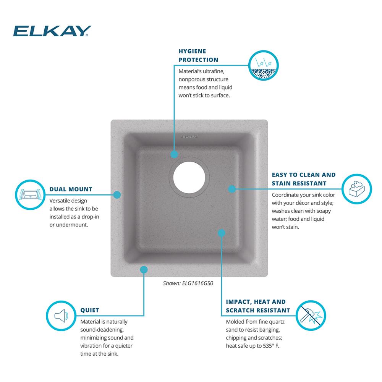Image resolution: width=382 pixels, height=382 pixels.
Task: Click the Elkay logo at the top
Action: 52,31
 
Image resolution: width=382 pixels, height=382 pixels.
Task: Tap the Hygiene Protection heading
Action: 198,55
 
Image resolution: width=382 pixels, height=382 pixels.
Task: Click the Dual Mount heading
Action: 71,189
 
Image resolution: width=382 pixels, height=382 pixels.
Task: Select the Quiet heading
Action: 90,310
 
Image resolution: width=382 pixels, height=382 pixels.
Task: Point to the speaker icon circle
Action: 61,316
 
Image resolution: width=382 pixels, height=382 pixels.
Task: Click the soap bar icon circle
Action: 357,189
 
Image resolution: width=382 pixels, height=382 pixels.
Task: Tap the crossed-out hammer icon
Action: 311,316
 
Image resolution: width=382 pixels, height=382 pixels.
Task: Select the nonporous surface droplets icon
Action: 263,65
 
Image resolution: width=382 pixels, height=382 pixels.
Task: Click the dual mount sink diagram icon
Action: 30,195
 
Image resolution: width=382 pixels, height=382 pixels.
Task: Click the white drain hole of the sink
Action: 189,177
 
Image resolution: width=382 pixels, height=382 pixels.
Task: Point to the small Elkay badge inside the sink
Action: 189,137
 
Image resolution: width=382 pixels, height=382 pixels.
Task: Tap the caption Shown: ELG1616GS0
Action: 188,283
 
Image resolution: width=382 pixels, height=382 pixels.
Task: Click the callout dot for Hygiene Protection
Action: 174,154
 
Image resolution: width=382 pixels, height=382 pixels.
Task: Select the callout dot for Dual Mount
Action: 117,195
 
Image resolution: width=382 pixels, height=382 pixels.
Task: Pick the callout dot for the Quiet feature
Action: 144,270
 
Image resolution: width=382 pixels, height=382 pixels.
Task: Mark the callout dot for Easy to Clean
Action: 232,189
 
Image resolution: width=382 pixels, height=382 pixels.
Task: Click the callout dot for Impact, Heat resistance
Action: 222,233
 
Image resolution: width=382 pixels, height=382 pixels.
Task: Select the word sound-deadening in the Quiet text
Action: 102,330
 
